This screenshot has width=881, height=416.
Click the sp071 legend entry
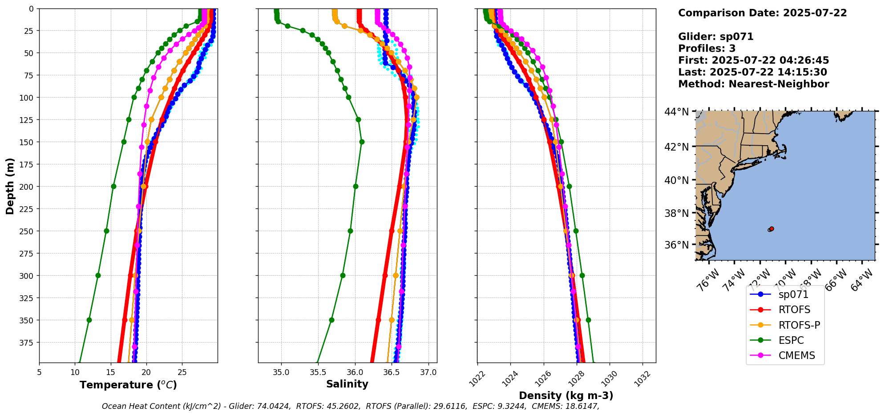click(x=793, y=294)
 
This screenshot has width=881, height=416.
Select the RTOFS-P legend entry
click(x=799, y=325)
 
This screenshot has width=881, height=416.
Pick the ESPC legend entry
click(x=791, y=340)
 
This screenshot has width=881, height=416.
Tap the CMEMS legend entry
click(x=796, y=355)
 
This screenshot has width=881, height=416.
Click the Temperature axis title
click(x=128, y=385)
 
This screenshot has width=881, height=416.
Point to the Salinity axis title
click(x=347, y=384)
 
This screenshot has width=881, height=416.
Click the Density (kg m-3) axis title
click(x=566, y=396)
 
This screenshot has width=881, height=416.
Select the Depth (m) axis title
click(x=10, y=186)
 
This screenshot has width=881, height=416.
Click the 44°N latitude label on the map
click(x=676, y=111)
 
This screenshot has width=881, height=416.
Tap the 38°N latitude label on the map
click(x=676, y=213)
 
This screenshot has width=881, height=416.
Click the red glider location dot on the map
click(x=772, y=228)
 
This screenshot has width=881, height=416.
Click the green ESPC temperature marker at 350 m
click(x=89, y=320)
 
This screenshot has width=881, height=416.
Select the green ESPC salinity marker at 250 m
click(x=350, y=231)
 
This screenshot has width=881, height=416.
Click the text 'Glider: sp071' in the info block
click(x=715, y=37)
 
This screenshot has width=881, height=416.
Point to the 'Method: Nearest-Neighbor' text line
click(x=753, y=84)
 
